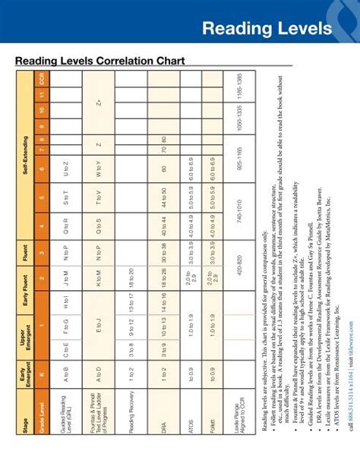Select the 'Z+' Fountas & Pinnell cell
coord(99,99)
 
